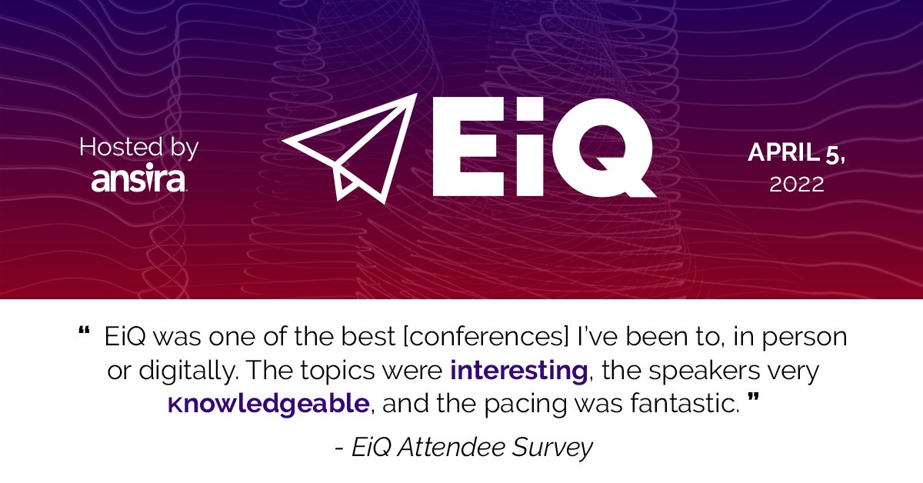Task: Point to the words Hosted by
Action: [x=138, y=147]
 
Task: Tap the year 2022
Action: [x=797, y=185]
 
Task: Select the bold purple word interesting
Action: [x=519, y=371]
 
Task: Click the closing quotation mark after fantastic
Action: [x=753, y=401]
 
